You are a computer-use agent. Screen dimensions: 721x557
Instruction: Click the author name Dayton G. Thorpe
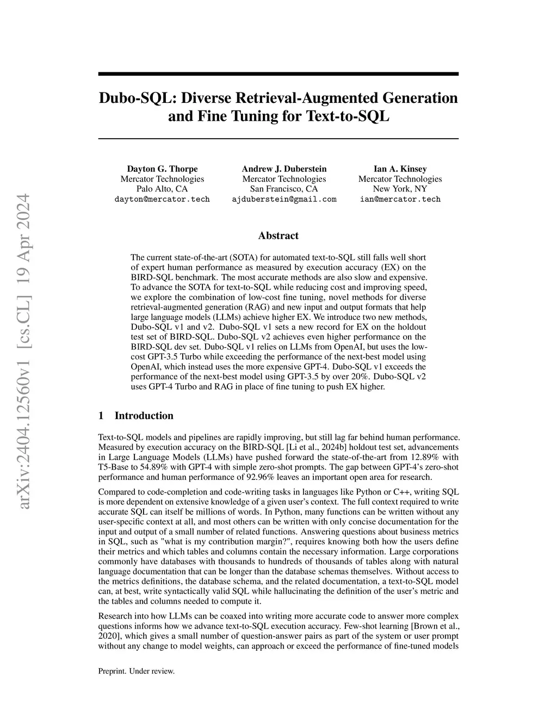point(162,169)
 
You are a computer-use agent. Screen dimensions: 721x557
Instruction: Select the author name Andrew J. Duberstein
point(284,169)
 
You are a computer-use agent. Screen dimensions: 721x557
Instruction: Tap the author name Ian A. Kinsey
point(400,169)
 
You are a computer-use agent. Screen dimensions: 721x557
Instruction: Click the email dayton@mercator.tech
point(162,199)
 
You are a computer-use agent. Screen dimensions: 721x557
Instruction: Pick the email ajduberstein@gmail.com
point(284,199)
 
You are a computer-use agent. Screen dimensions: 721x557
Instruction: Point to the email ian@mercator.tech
point(400,199)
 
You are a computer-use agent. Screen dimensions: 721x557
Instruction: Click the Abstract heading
point(278,236)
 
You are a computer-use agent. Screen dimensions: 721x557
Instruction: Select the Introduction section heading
point(144,416)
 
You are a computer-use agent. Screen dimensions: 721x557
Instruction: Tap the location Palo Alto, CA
point(162,189)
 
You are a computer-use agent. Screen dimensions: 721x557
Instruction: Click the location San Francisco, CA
point(284,189)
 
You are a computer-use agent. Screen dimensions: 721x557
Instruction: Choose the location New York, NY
point(400,189)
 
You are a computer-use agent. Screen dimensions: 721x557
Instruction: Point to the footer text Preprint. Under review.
point(136,671)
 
